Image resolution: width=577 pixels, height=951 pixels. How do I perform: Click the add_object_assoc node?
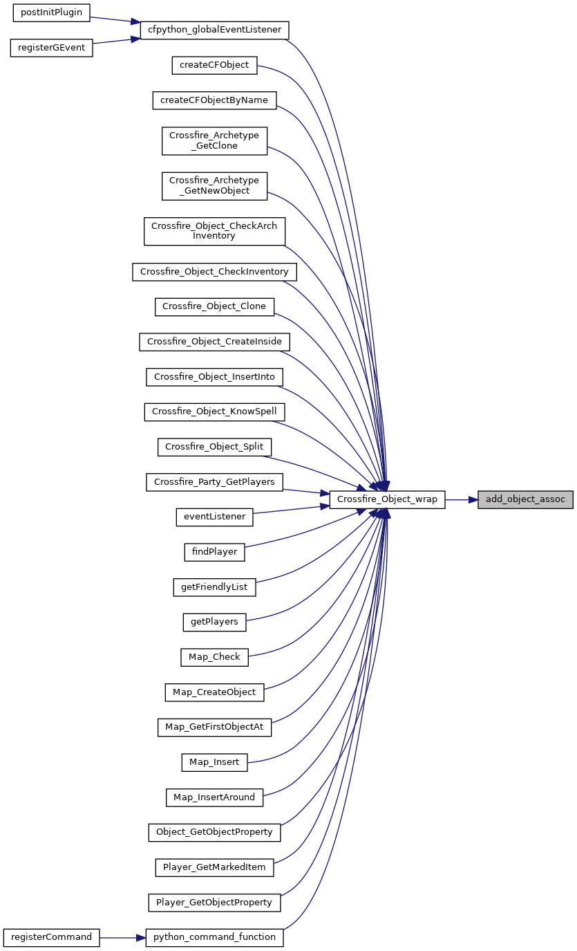(x=525, y=499)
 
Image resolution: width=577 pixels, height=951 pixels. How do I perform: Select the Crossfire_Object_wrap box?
(x=387, y=499)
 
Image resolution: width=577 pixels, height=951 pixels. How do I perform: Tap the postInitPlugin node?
(x=51, y=12)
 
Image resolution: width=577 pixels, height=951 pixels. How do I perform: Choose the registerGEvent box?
(x=51, y=48)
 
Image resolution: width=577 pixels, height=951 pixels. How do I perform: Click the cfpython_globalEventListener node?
(x=214, y=30)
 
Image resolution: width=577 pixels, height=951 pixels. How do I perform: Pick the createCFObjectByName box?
(x=214, y=100)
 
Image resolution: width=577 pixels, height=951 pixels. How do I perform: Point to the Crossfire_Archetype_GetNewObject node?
(x=214, y=186)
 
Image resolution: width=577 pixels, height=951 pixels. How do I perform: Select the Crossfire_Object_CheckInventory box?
(x=214, y=272)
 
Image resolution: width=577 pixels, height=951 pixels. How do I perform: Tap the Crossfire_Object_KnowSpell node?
(x=214, y=412)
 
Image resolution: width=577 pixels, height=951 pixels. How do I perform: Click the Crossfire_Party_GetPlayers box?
(x=214, y=482)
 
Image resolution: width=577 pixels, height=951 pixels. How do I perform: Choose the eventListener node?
(x=214, y=517)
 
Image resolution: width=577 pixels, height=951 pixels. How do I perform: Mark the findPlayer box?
(x=214, y=553)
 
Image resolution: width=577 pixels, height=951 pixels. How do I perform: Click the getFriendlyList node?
(x=214, y=588)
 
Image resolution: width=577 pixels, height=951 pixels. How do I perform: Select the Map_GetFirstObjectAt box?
(x=214, y=728)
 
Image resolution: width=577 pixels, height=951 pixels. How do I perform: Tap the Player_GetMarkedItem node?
(x=214, y=868)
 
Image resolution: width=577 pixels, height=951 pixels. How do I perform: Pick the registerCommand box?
(x=51, y=938)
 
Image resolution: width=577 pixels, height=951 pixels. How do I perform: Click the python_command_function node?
(x=214, y=938)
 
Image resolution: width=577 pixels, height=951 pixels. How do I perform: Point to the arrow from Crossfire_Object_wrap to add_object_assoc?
(x=462, y=500)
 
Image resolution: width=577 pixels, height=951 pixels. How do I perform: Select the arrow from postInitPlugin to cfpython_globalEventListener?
(x=115, y=20)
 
